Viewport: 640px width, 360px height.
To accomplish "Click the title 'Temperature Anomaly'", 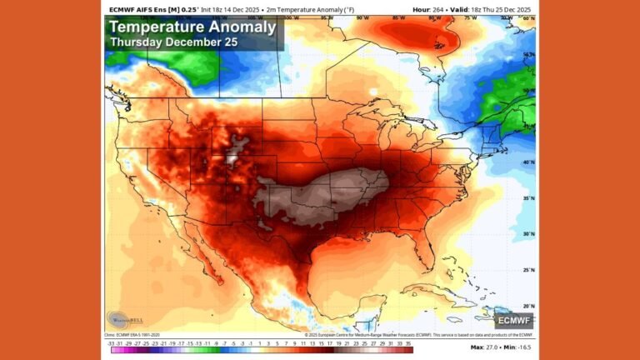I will coord(192,27).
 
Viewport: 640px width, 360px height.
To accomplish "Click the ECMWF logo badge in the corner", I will coord(513,320).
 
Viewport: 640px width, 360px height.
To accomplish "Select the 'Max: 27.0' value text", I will coord(487,347).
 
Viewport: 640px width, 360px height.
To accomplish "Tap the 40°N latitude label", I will coord(528,162).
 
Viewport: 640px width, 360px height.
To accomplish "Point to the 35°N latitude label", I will coord(528,199).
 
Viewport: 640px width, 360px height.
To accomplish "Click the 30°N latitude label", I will coord(528,234).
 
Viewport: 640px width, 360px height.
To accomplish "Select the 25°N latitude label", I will coord(528,270).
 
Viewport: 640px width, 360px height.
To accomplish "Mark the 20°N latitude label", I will coord(528,306).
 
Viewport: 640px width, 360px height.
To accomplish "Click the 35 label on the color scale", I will coord(408,342).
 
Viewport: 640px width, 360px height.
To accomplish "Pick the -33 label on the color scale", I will coord(110,342).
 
